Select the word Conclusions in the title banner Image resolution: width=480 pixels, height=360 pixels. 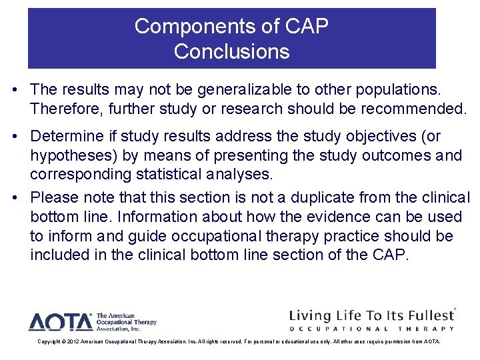[231, 51]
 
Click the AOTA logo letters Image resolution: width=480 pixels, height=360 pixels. [60, 323]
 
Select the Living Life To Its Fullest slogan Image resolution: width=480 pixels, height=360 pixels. [371, 315]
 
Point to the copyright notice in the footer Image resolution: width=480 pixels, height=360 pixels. [239, 341]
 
